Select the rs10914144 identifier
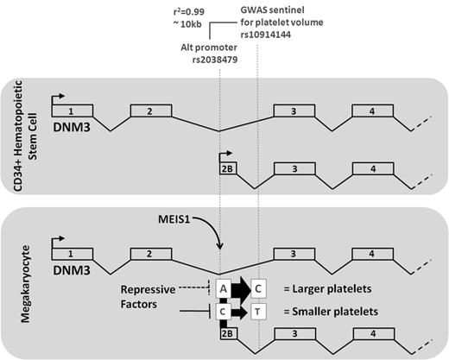pos(276,35)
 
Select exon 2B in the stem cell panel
pos(228,168)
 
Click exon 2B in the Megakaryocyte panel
pos(228,332)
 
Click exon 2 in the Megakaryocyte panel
pos(148,254)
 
